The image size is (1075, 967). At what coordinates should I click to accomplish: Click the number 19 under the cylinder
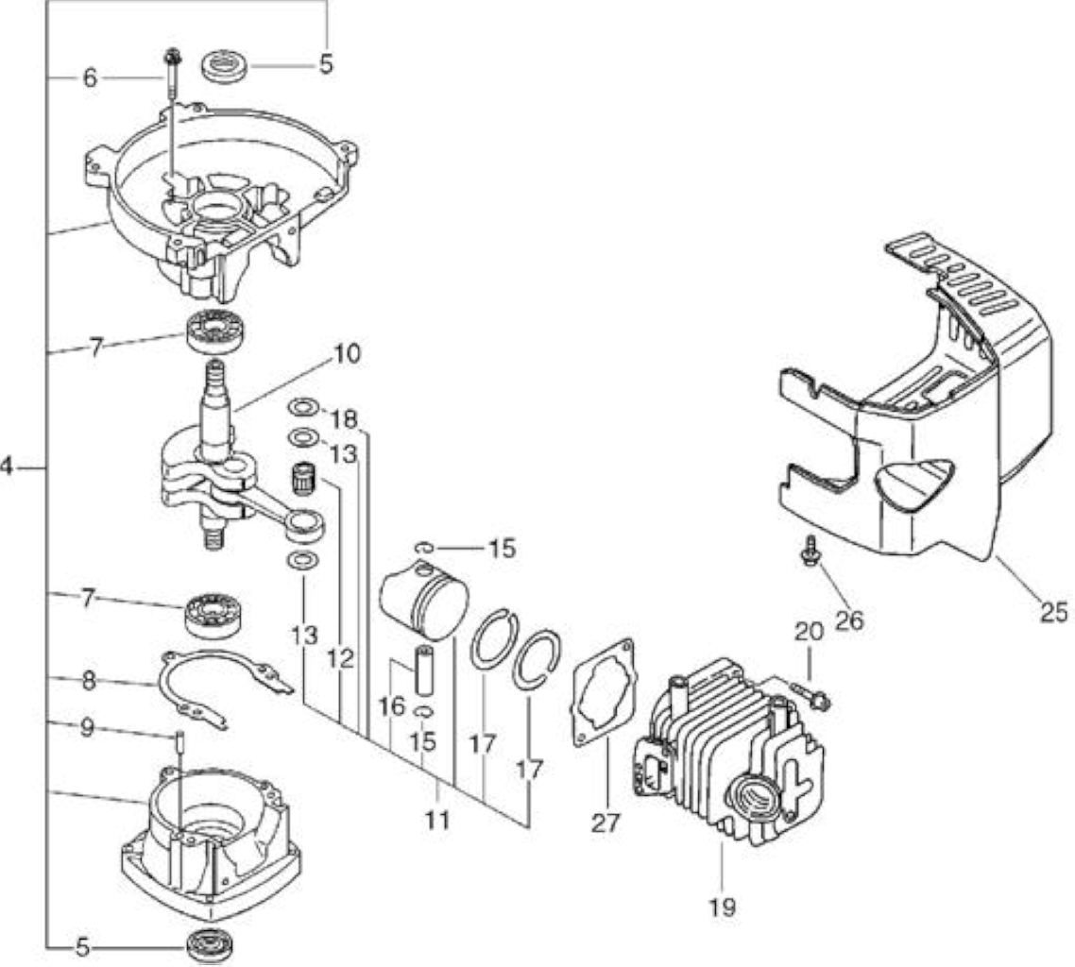coord(723,907)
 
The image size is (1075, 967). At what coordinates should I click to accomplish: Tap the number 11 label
coord(437,820)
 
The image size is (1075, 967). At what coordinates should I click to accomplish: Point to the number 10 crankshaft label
coord(348,355)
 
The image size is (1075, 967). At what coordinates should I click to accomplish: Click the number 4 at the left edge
coord(7,468)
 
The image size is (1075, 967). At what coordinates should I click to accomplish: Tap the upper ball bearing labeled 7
coord(218,329)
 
